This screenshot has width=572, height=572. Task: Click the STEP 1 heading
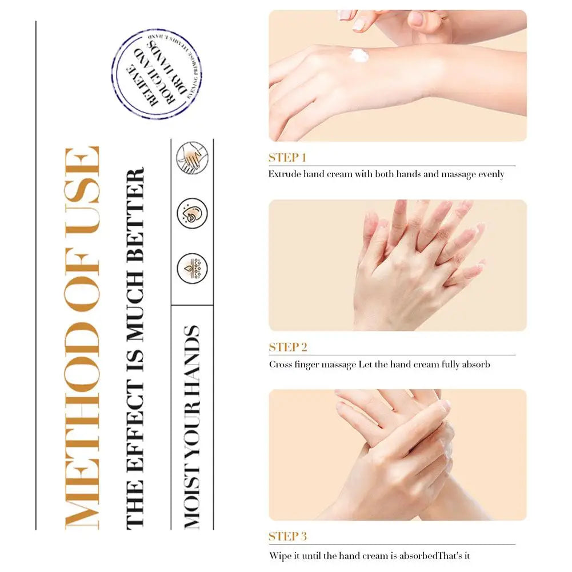pos(288,158)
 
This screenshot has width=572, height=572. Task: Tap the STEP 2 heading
pos(288,347)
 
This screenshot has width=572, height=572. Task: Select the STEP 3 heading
pos(288,537)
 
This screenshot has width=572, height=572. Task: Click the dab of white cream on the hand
pos(359,55)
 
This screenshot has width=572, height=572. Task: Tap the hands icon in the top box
pos(191,158)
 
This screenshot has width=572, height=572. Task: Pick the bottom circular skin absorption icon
pos(191,268)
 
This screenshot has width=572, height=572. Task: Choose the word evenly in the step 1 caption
pos(491,174)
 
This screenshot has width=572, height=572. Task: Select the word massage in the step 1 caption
pos(458,174)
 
